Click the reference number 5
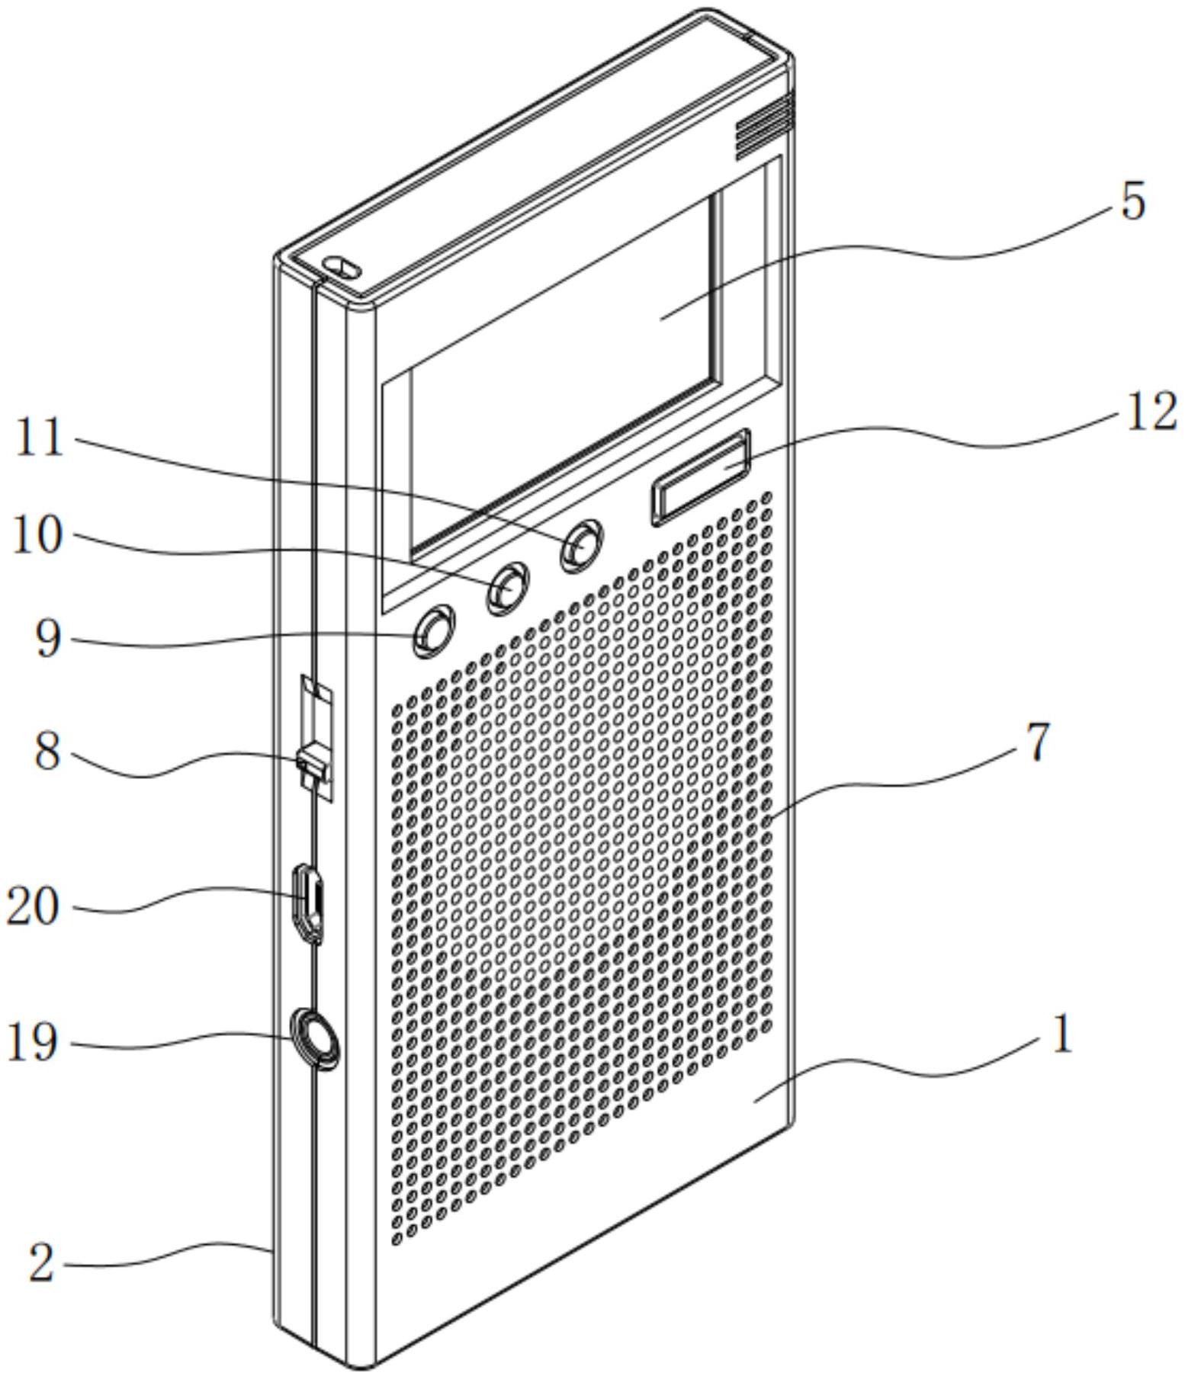point(1134,203)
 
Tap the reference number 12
point(1151,415)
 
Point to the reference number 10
point(37,536)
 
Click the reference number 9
point(47,639)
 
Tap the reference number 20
point(32,907)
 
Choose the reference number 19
point(32,1042)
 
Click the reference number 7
point(1037,742)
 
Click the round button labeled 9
point(432,630)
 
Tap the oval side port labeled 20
point(309,902)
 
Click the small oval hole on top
point(342,266)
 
